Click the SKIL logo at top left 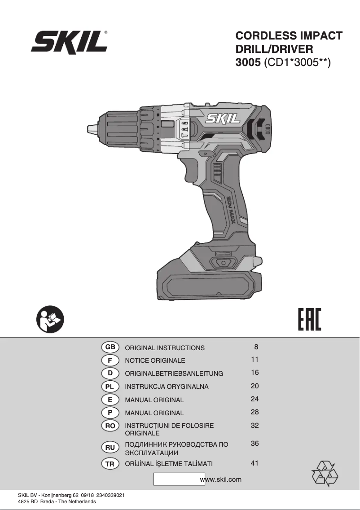(70, 43)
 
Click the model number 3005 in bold (248, 63)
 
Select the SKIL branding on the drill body (223, 119)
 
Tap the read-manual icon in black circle (50, 320)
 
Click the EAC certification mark (310, 320)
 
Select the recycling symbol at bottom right (325, 473)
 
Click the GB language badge (110, 347)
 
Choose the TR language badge (110, 464)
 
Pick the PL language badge (110, 386)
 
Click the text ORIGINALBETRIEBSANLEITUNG (174, 374)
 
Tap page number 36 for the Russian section (255, 444)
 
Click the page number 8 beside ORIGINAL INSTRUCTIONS (256, 347)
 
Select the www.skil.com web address (221, 479)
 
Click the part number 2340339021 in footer (110, 495)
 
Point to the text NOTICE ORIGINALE (155, 361)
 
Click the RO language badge (110, 425)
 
